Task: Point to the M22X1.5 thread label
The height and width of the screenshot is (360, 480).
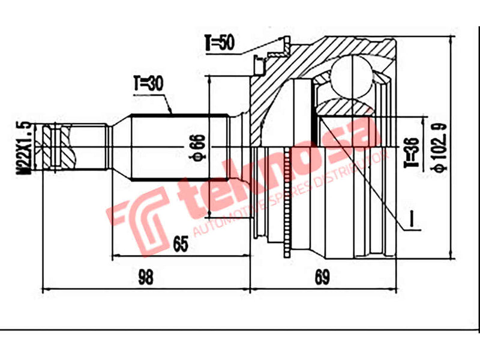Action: tap(24, 146)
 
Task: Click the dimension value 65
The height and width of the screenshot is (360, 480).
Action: tap(181, 244)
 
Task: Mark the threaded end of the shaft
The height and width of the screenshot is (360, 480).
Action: tap(58, 146)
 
